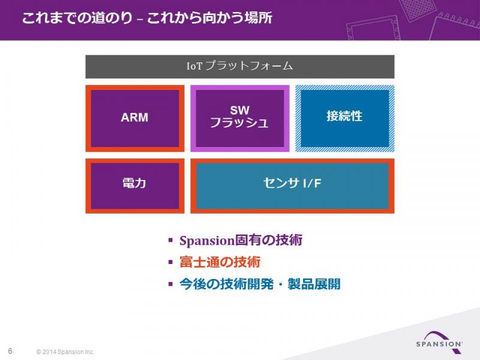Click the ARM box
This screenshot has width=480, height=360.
coord(134,118)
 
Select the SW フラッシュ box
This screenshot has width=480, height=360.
coord(239,118)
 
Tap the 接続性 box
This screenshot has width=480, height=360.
coord(344,118)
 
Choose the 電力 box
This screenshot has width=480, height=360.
coord(134,186)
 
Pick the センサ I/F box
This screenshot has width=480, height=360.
coord(292,186)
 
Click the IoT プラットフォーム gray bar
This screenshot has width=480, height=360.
coord(239,67)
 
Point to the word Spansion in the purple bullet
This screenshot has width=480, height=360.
coord(207,241)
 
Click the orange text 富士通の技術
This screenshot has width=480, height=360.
coord(220,262)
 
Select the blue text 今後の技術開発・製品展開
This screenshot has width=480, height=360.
coord(260,284)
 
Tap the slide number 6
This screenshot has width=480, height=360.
coord(10,351)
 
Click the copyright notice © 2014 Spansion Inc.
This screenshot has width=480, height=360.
coord(65,352)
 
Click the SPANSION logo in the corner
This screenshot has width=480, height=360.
coord(439,341)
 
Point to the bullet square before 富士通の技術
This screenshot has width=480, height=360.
coord(170,262)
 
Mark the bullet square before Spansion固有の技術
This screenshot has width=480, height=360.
coord(170,240)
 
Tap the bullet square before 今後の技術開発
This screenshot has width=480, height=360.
coord(170,284)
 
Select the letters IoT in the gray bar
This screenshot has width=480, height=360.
coord(194,66)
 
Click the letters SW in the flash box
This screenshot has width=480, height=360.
coord(239,110)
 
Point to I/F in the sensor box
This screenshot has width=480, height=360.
coord(312,183)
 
